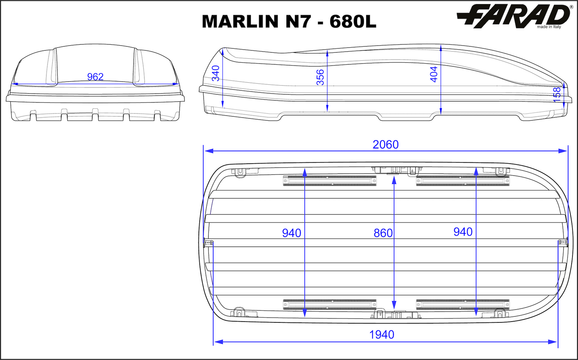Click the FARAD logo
[x=514, y=16]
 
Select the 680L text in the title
[x=353, y=22]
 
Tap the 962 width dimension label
[x=95, y=76]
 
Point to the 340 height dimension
[x=216, y=73]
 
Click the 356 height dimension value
[x=320, y=77]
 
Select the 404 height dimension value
[x=434, y=74]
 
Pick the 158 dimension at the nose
[x=557, y=95]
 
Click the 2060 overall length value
[x=386, y=144]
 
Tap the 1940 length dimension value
[x=382, y=334]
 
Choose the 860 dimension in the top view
[x=383, y=233]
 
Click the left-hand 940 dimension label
[x=291, y=233]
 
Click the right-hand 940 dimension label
[x=463, y=232]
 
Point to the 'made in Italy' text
[x=549, y=27]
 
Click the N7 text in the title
[x=298, y=22]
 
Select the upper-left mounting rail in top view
[x=330, y=181]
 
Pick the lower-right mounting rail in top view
[x=463, y=304]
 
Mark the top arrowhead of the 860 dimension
[x=394, y=180]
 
